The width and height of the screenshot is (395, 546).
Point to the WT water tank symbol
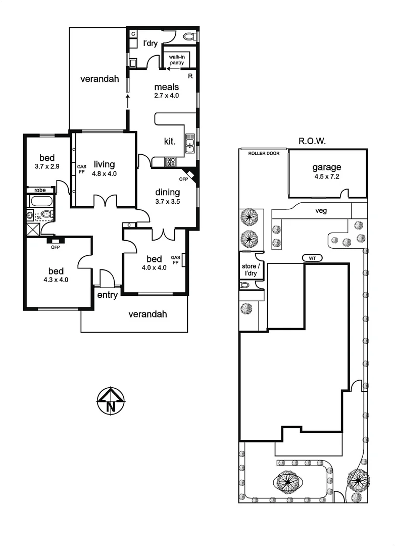click(x=312, y=258)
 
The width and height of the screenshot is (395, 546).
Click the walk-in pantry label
click(x=177, y=60)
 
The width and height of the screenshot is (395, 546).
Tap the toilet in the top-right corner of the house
click(x=189, y=36)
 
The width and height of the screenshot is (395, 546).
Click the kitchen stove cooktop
click(x=171, y=162)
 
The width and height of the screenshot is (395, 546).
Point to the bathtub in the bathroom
click(x=41, y=201)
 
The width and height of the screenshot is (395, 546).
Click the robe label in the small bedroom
click(x=41, y=190)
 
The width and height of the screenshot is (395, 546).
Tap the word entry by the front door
click(x=107, y=295)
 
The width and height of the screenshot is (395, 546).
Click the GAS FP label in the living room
click(x=81, y=168)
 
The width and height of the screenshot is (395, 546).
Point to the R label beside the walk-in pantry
click(x=190, y=76)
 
